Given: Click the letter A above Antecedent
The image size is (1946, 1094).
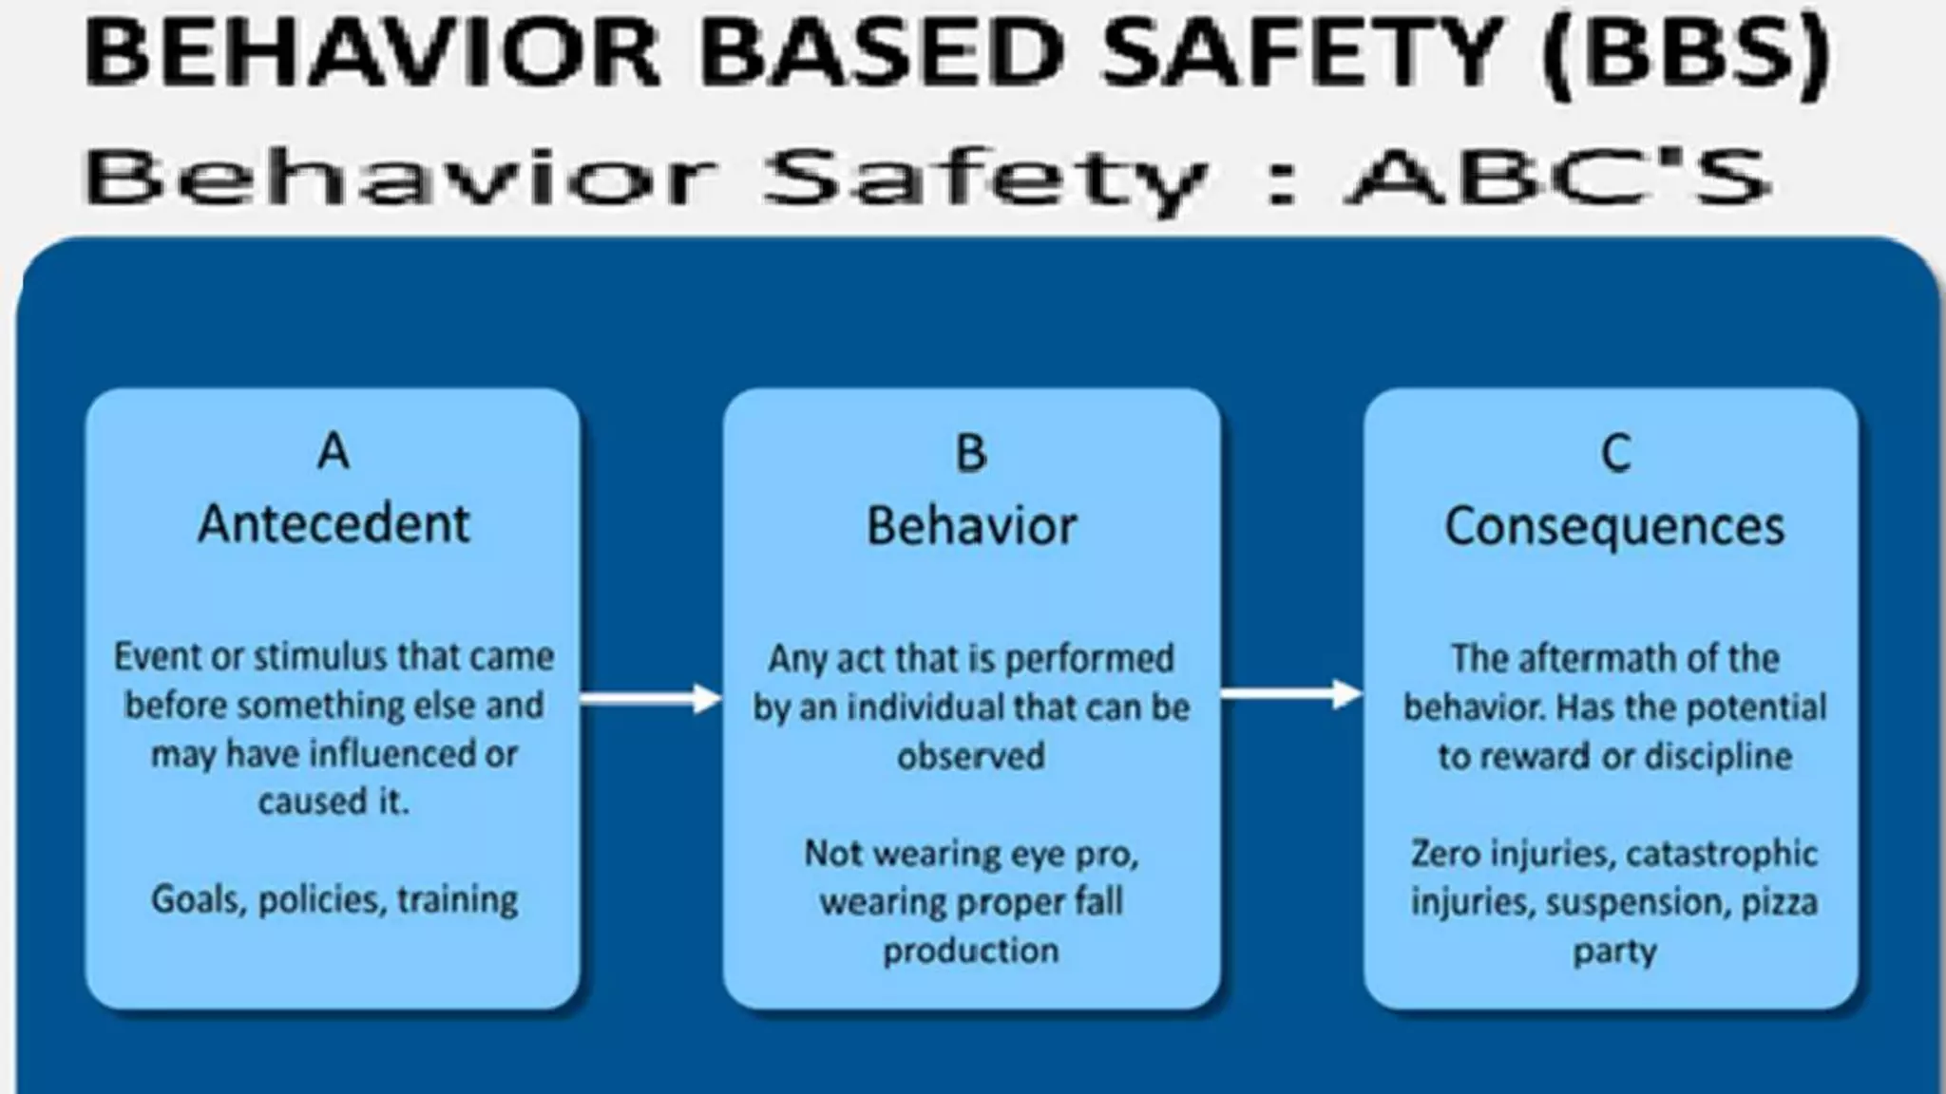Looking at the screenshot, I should [334, 451].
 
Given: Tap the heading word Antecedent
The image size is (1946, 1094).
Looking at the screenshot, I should [334, 524].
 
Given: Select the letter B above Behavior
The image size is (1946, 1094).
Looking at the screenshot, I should [971, 453].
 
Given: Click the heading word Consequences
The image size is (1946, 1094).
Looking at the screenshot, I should [1614, 527].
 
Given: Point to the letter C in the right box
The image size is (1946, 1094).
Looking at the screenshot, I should [1615, 453].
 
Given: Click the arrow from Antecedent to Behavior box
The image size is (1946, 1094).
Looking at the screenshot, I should [651, 700].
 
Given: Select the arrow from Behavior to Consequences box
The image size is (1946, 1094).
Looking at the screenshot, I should [1291, 695].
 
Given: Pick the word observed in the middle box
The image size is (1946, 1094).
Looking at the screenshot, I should [971, 757].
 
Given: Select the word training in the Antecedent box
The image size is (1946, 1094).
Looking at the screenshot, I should [457, 899].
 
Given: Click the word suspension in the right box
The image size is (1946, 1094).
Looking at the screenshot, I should [1638, 901].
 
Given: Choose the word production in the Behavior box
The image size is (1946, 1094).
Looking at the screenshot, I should [971, 951].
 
